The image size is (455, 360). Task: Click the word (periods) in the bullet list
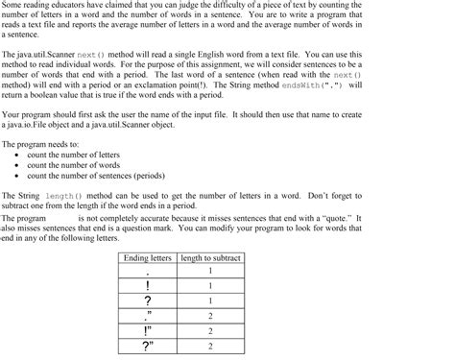167,175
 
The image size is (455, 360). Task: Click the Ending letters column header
148,258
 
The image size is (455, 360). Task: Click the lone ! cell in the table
148,285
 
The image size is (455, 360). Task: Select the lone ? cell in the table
148,301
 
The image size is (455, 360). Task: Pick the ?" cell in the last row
148,346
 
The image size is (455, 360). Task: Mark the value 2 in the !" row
210,330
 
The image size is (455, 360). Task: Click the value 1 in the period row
210,272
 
